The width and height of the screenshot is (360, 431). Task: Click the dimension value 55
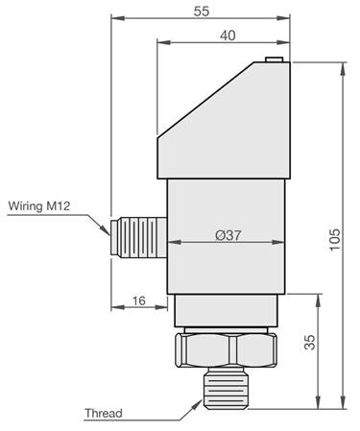pos(202,11)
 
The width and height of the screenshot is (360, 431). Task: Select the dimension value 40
pos(228,36)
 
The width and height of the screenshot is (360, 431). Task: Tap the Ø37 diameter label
pos(228,235)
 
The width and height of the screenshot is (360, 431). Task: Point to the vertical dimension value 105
pos(335,240)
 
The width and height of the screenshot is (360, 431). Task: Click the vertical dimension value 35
pos(310,342)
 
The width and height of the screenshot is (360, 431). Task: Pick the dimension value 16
pos(138,300)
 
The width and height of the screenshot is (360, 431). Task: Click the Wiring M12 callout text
pos(39,205)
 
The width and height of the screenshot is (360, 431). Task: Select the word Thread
pos(104,413)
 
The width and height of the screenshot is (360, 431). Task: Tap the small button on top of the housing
pos(275,60)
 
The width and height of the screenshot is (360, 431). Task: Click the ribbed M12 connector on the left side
pos(138,237)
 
